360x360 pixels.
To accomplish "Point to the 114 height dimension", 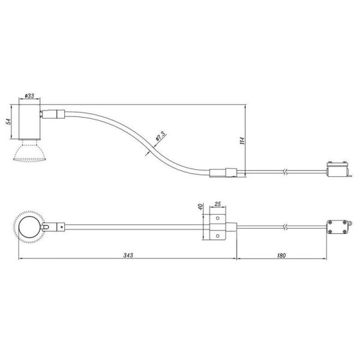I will click(x=242, y=141).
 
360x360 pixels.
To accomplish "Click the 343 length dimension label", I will click(x=127, y=255).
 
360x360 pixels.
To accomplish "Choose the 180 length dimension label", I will click(x=282, y=255).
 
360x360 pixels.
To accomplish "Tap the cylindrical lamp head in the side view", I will click(x=29, y=123).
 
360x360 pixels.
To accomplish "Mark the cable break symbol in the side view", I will click(x=287, y=173).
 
